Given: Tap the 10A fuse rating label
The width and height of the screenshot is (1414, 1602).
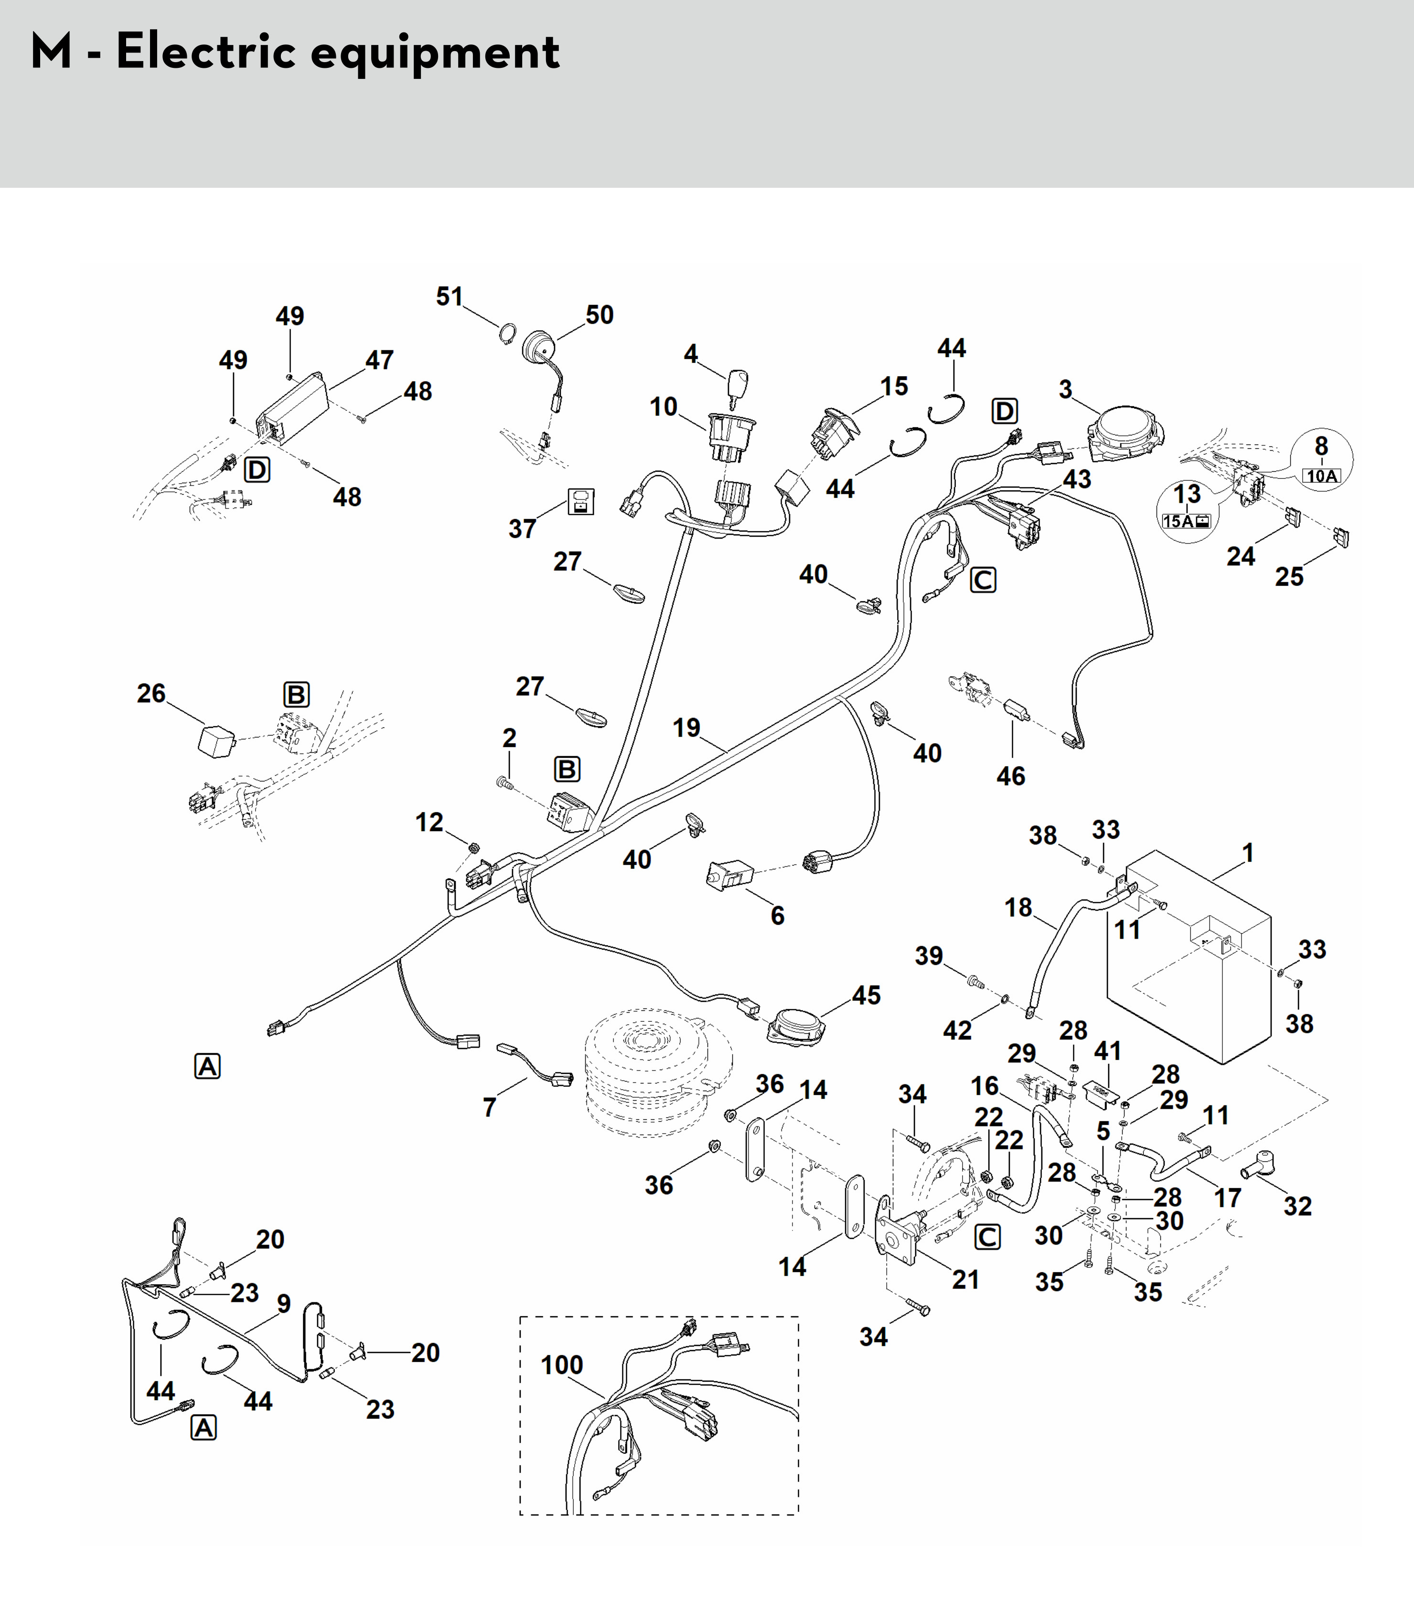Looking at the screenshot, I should [x=1321, y=476].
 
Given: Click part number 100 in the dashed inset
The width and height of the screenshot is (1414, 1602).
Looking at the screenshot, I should [x=562, y=1365].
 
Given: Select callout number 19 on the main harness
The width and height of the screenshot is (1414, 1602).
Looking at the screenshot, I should [x=686, y=728].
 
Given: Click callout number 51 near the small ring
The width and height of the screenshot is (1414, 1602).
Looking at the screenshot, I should [x=450, y=296].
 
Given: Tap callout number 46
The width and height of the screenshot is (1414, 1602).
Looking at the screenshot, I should [x=1010, y=776].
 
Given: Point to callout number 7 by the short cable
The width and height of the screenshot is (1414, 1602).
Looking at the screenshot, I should [x=490, y=1107].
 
